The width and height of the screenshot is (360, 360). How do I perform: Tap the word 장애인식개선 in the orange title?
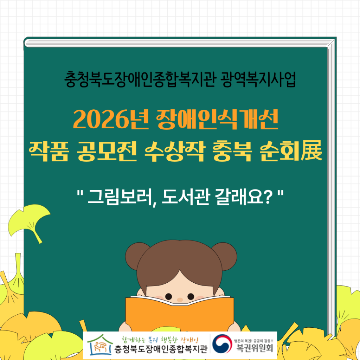click(x=217, y=120)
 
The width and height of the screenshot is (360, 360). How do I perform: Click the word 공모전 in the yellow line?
click(x=107, y=151)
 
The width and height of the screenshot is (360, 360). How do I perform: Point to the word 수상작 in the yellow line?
click(x=174, y=151)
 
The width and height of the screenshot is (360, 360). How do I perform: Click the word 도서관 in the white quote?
click(x=186, y=197)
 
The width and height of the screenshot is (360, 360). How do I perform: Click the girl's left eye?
click(x=168, y=296)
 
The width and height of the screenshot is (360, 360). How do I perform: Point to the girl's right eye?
click(x=191, y=296)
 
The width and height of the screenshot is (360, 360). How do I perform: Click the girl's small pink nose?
click(x=180, y=300)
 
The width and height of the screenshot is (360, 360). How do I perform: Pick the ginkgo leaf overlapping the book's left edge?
click(x=29, y=223)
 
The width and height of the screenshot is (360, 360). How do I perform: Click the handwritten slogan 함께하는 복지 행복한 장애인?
click(x=160, y=339)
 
